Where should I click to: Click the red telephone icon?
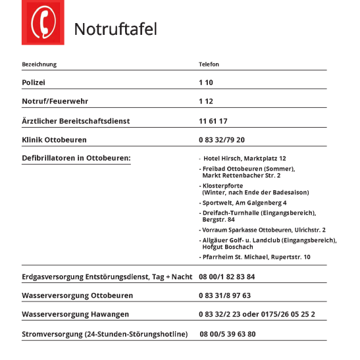coord(42,24)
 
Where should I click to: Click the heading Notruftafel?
coord(115,30)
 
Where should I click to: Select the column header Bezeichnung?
coord(39,64)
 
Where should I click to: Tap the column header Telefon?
coord(209,64)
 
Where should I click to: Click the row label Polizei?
coord(34,83)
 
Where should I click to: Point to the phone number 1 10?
coord(206,83)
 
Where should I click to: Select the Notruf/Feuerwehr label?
coord(55,101)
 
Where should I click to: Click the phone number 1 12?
coord(206,101)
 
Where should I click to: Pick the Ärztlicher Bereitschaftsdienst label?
coord(76,121)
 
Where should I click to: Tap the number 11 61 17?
coord(213,121)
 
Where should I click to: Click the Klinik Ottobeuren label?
coord(54,140)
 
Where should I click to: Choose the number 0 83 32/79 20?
coord(222,140)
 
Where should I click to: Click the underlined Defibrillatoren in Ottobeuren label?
coord(76,158)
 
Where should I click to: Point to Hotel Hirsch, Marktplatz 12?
coord(244,159)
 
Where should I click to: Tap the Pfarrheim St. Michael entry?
coord(256,257)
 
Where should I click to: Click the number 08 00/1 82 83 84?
coord(227,277)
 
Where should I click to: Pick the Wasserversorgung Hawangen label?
coord(75,315)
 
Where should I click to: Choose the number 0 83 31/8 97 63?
coord(224,296)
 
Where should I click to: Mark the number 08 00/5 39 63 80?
coord(228,334)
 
